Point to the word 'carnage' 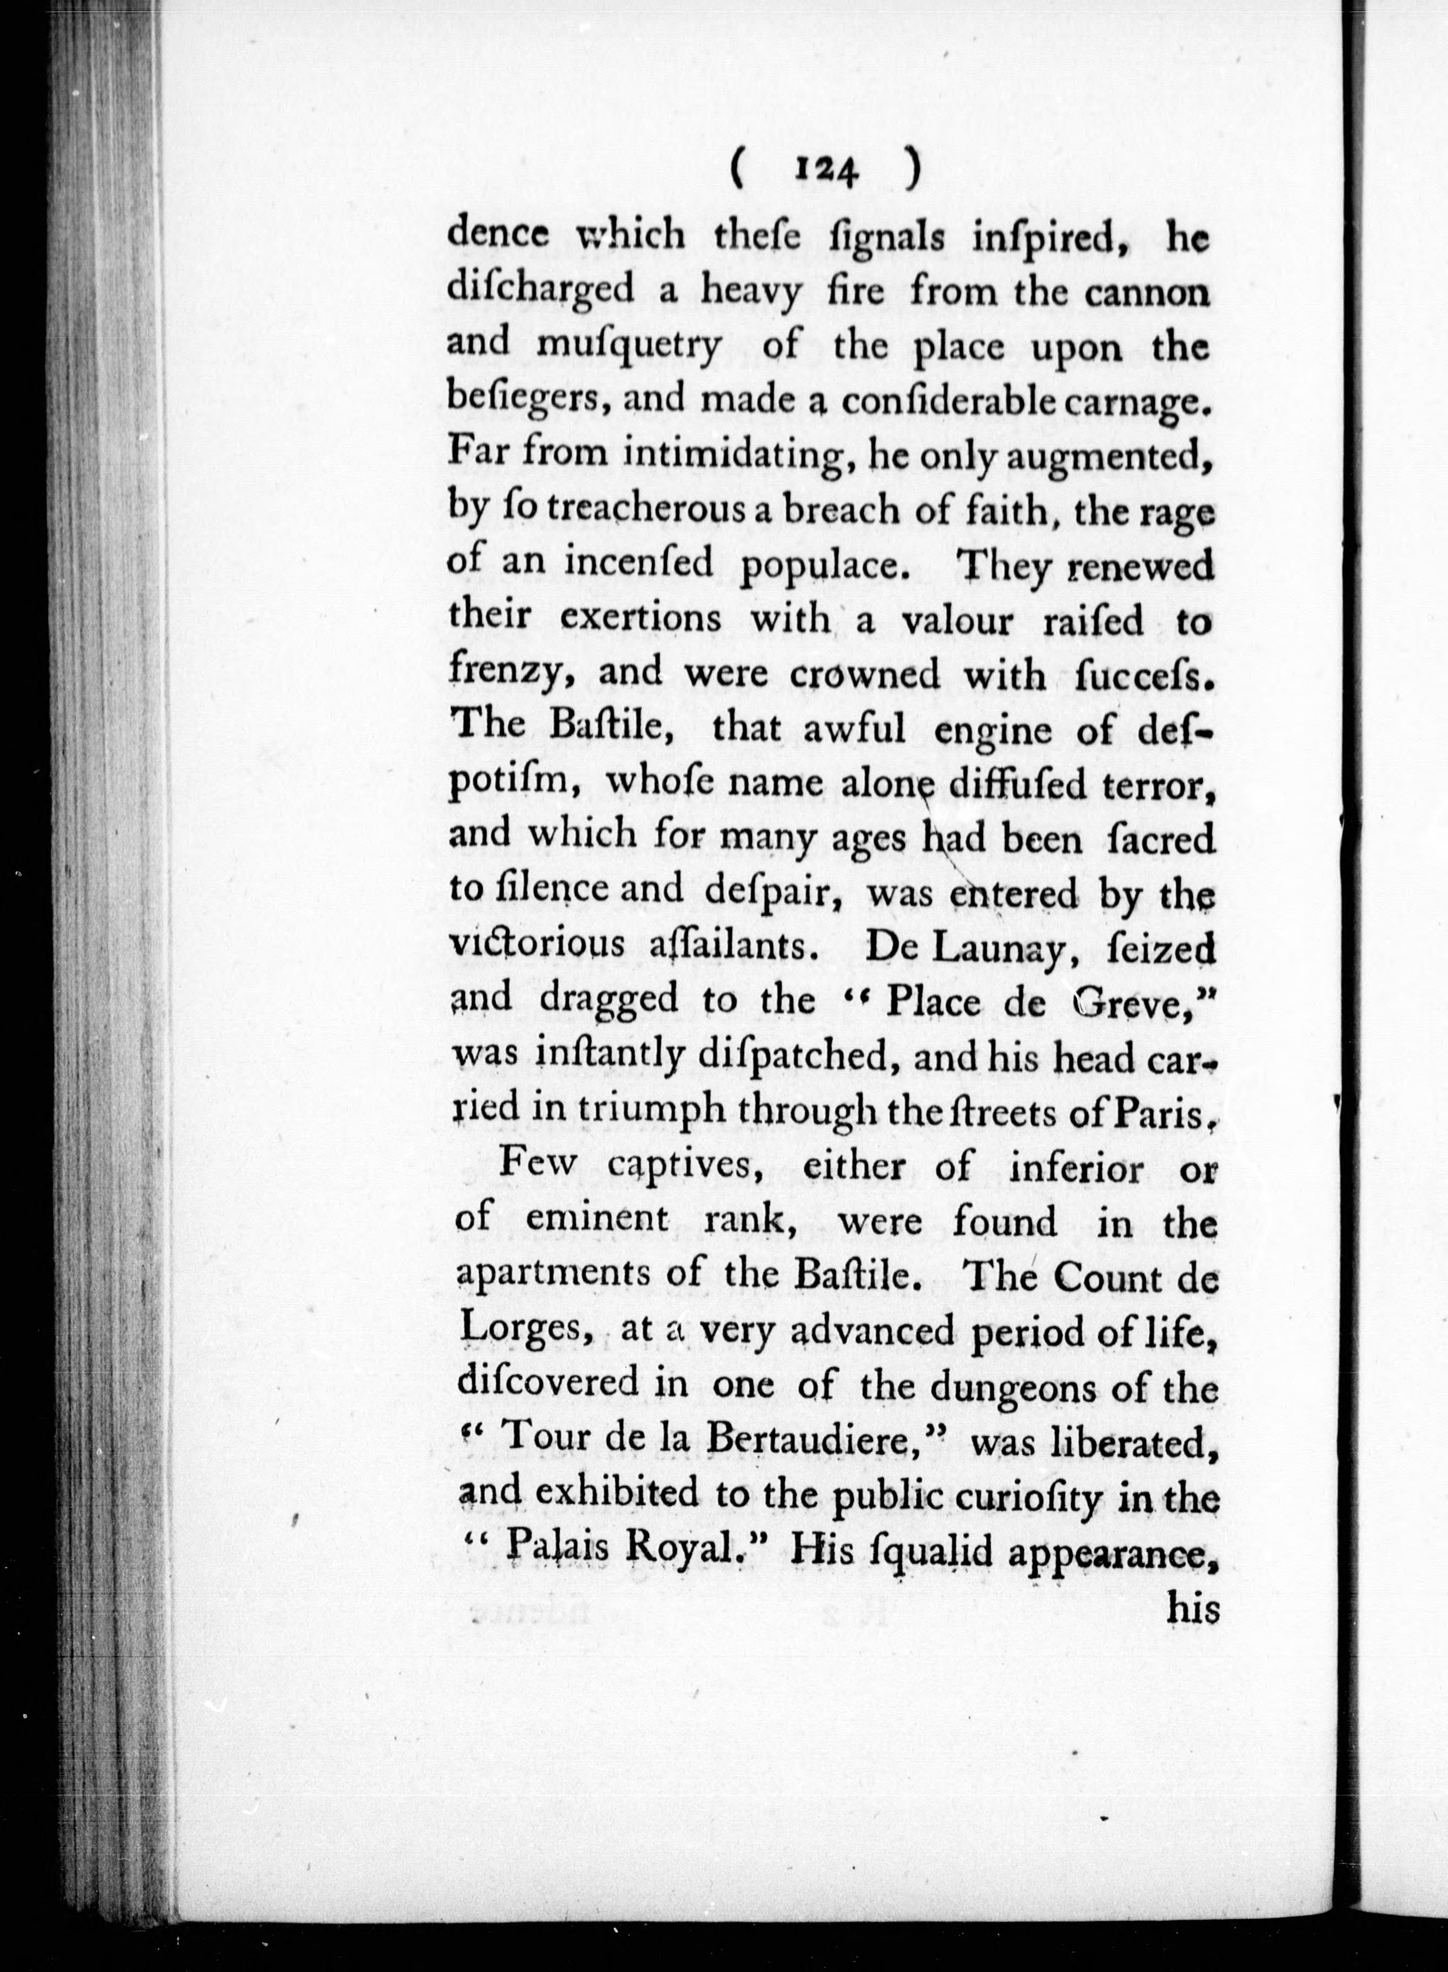(x=1138, y=401)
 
